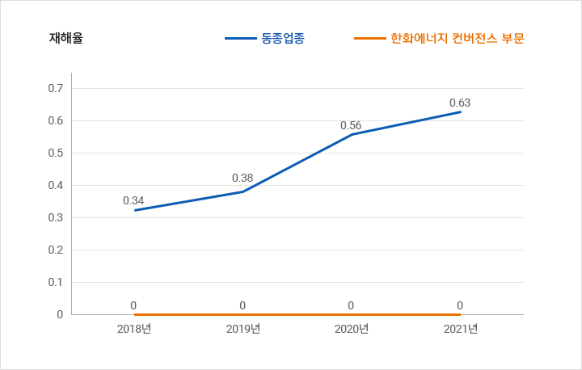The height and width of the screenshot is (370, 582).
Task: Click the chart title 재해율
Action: [65, 38]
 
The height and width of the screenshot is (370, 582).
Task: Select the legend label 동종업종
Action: [284, 38]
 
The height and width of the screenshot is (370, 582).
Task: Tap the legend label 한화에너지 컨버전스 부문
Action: [458, 38]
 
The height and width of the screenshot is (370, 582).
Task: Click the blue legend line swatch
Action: [240, 38]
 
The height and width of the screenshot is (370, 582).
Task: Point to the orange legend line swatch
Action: [370, 38]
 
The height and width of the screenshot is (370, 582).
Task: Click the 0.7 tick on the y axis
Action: [56, 88]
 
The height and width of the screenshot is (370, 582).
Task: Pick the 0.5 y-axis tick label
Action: [56, 153]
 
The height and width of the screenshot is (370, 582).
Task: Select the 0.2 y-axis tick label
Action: [56, 250]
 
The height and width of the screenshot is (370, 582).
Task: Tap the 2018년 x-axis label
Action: [134, 329]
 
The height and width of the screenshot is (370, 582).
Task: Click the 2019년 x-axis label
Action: [242, 329]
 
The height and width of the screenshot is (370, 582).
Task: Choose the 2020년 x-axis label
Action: [352, 329]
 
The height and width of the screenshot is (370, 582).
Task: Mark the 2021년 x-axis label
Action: [461, 329]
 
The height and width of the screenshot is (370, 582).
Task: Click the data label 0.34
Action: [133, 200]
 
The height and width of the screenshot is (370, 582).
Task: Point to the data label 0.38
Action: [242, 178]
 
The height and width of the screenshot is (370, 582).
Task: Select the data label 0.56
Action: [351, 125]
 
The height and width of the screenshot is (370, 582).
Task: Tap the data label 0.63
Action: [460, 103]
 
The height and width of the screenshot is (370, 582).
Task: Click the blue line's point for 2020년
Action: [352, 134]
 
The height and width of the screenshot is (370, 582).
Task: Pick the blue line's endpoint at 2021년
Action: [461, 111]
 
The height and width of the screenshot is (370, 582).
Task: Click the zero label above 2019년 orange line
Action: [242, 305]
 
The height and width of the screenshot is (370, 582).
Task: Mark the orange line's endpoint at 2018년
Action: [134, 314]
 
